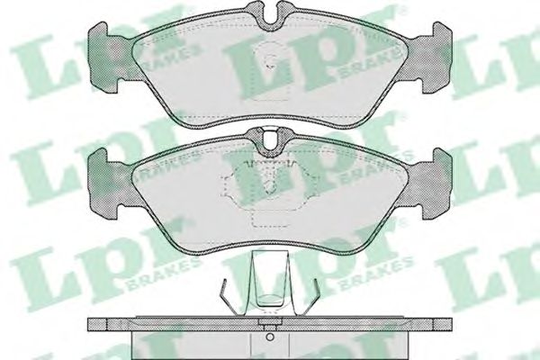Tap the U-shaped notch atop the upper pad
(270, 15)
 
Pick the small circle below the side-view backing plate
(270, 337)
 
